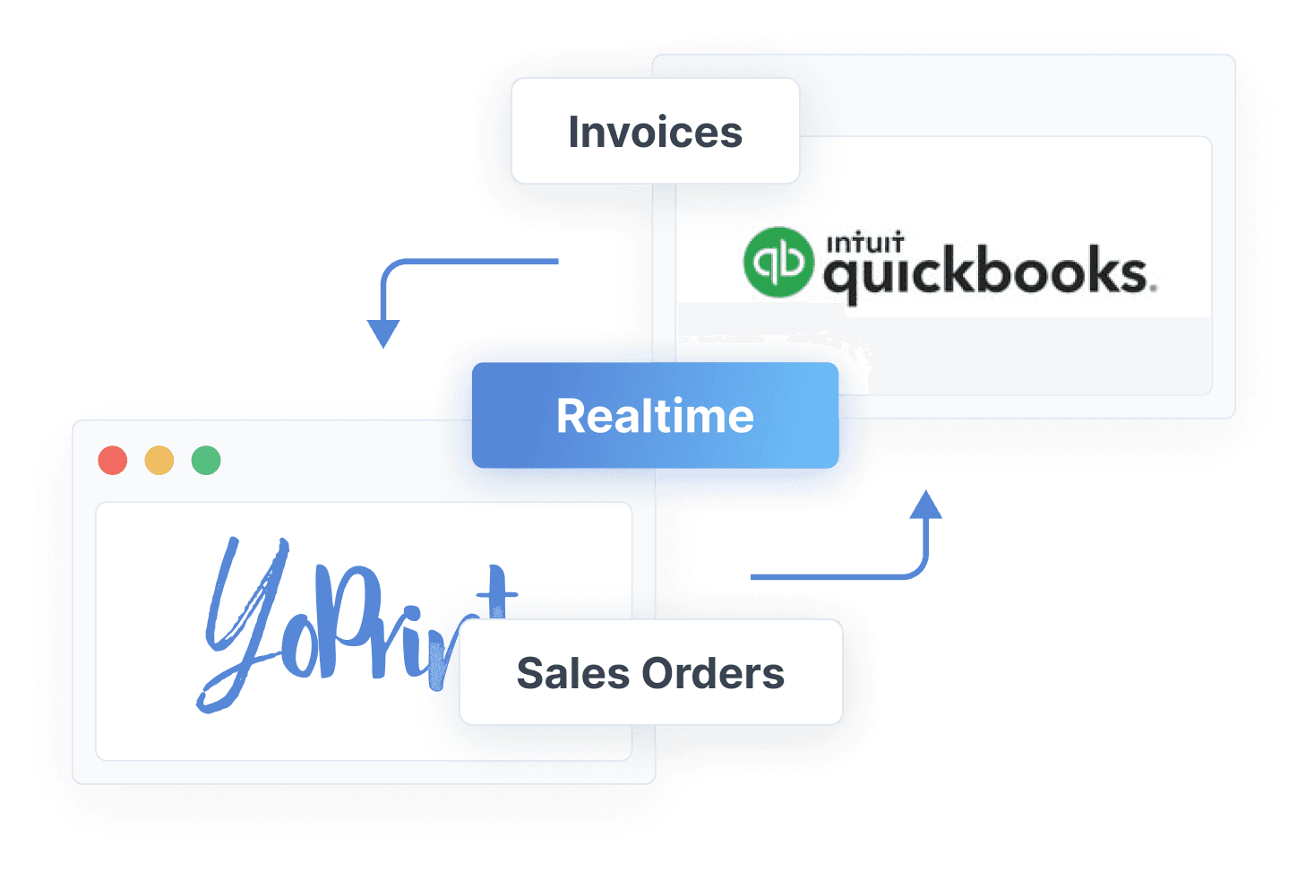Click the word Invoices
655,133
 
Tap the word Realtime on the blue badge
655,416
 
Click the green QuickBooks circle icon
778,262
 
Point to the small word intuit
864,243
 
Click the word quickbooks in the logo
985,272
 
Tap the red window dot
113,460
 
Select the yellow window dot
159,460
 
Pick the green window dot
206,460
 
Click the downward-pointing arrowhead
382,333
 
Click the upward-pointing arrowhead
925,505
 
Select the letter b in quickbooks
990,269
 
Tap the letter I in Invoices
574,133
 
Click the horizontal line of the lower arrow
824,576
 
